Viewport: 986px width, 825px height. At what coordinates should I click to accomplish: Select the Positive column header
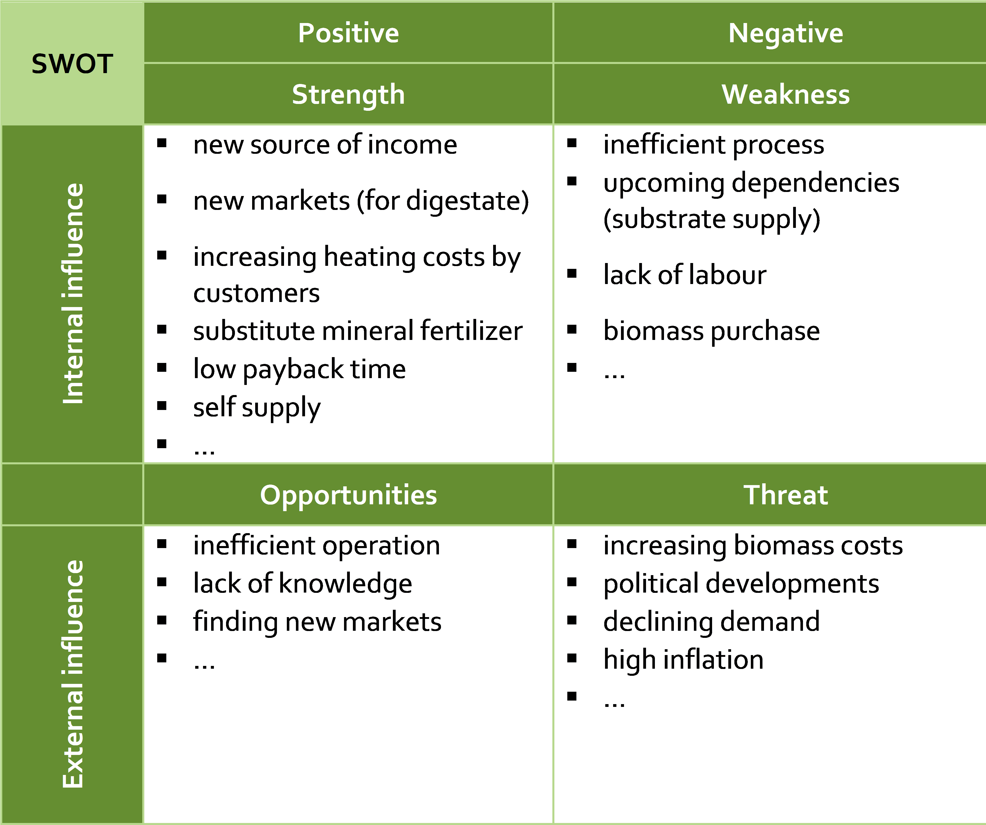tap(348, 33)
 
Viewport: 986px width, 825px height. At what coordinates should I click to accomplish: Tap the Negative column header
tap(786, 33)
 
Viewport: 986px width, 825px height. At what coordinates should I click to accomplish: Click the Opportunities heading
tap(348, 495)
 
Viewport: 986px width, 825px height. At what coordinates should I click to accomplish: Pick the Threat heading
tap(786, 495)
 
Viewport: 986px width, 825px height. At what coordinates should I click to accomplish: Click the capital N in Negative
tap(738, 33)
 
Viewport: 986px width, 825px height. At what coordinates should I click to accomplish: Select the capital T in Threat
tap(752, 495)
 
